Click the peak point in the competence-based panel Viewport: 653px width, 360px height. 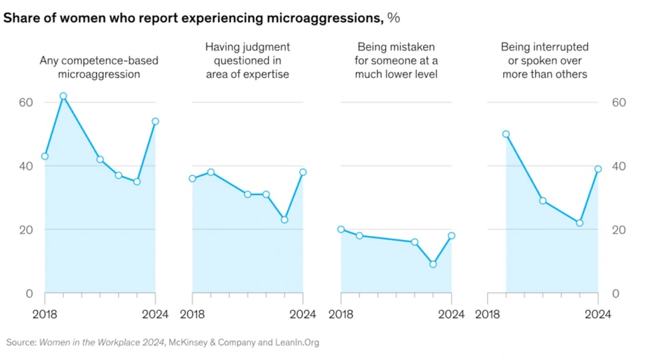tap(63, 96)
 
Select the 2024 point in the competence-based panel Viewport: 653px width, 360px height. tap(155, 121)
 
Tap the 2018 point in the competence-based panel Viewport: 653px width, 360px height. tap(45, 156)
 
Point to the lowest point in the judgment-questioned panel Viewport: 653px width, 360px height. tap(285, 219)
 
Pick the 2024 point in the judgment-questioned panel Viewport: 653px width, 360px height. tap(303, 172)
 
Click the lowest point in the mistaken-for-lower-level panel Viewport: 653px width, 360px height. tap(433, 264)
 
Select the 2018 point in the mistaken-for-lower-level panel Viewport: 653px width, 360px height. tap(341, 229)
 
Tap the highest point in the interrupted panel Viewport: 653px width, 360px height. tap(506, 134)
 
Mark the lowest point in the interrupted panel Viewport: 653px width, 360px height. tap(580, 223)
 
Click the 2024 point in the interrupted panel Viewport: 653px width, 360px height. tap(598, 169)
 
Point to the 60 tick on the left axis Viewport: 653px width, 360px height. tap(25, 103)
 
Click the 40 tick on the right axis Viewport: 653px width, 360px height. tap(619, 166)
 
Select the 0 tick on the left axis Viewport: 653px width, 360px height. tap(29, 293)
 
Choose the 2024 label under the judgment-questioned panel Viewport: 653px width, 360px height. tap(304, 314)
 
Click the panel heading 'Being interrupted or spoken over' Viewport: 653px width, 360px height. tap(544, 60)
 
